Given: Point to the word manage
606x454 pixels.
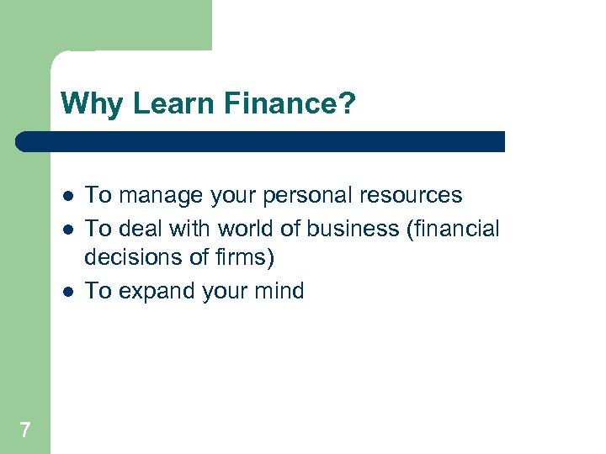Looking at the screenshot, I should coord(157,196).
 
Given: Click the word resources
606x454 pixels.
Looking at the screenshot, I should coord(411,196).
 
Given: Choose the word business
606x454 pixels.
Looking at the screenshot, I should coord(354,229).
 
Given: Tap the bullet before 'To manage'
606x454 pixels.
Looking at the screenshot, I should coord(66,197).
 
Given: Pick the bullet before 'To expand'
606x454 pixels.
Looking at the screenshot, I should coord(66,292).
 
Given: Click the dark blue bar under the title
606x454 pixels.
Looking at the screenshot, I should coord(261,141).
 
